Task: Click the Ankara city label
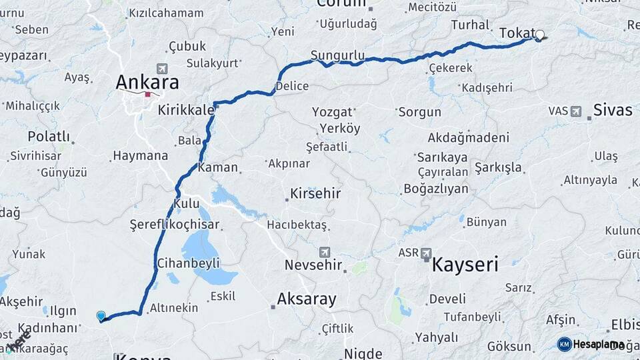click(x=147, y=82)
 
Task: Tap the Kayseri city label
click(x=465, y=265)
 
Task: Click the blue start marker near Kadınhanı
click(x=101, y=315)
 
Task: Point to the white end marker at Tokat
click(x=539, y=35)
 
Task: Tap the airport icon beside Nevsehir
click(x=325, y=251)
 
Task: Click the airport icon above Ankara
click(x=161, y=68)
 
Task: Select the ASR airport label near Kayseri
click(x=409, y=253)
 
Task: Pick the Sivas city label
click(x=612, y=110)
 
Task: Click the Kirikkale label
click(x=186, y=110)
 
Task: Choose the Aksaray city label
click(x=307, y=299)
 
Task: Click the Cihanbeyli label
click(x=189, y=263)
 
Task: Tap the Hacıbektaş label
click(x=297, y=225)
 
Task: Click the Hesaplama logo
click(x=591, y=344)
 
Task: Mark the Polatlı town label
click(x=49, y=136)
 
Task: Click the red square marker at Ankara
click(x=147, y=95)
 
